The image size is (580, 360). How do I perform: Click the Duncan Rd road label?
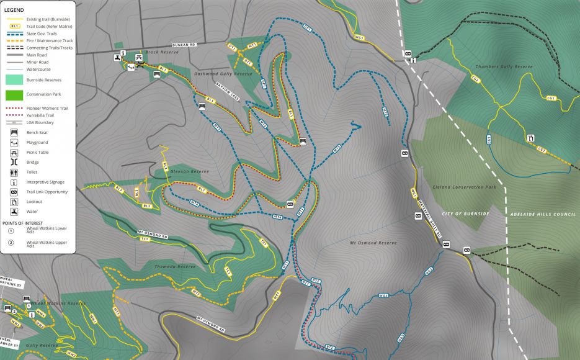pos(184,45)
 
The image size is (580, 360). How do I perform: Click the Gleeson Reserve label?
pos(191,171)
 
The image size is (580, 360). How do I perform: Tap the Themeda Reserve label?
pos(174,266)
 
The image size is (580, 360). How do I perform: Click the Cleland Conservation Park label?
pos(465,187)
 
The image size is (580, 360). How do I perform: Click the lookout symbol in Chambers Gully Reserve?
pos(530,138)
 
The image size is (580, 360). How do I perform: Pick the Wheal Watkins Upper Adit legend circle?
pos(11,243)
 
